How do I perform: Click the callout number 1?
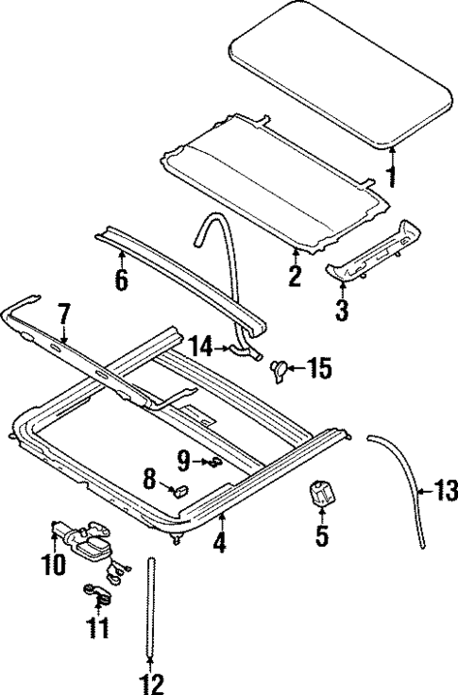coord(392,177)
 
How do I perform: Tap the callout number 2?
coord(295,277)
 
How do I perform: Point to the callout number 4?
coord(220,546)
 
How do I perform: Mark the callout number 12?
coord(151,683)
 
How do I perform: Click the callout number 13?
coord(445,490)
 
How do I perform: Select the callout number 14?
coord(201,347)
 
